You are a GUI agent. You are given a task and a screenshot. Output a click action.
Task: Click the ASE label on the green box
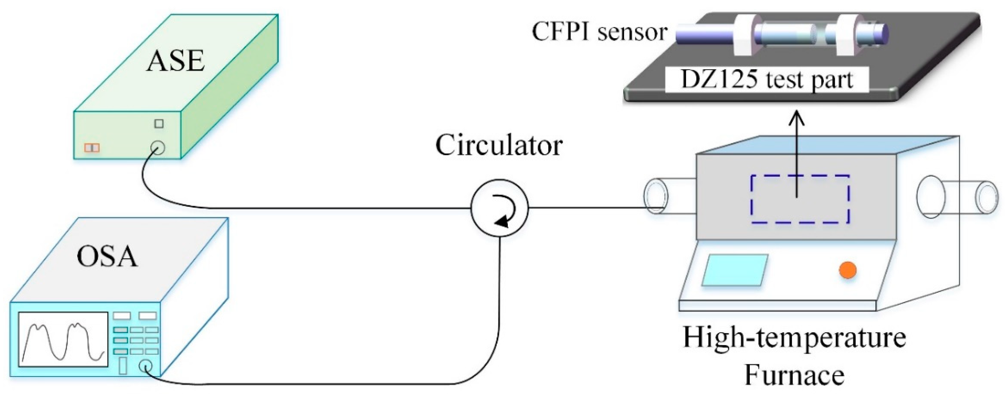click(176, 61)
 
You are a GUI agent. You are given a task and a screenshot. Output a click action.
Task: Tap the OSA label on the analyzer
click(107, 257)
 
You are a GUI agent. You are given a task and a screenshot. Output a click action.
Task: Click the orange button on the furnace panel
click(848, 270)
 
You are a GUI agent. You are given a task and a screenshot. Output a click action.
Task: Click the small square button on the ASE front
click(159, 124)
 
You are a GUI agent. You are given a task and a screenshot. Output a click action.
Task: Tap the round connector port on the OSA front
click(146, 367)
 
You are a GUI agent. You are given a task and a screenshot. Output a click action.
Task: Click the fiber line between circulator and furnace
click(585, 207)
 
